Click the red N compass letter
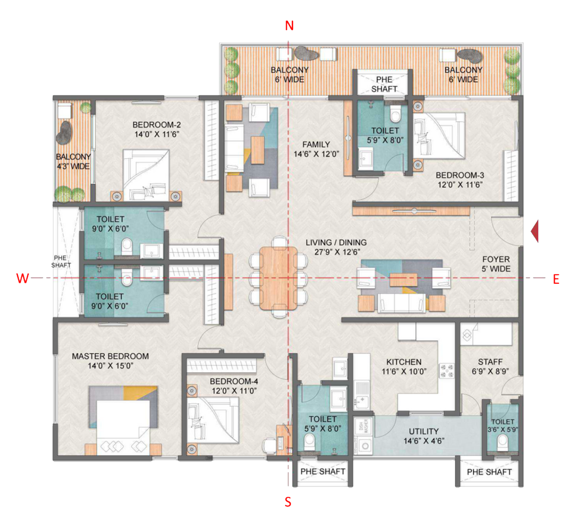(289, 26)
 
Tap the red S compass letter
(288, 502)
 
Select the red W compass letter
(22, 278)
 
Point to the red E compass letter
(556, 279)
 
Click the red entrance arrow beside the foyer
(535, 231)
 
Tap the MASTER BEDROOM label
(110, 356)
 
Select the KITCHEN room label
(404, 362)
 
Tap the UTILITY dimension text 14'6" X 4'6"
(424, 441)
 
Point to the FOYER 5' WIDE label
(496, 264)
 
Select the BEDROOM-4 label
(234, 381)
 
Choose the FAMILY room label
(316, 144)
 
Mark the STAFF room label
(490, 362)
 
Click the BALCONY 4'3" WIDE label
(73, 161)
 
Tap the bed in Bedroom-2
(146, 175)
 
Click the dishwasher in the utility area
(363, 426)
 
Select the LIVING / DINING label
(336, 242)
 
